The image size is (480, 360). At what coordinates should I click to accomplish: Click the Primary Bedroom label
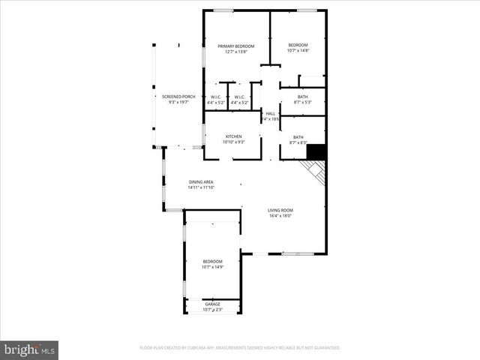pyautogui.click(x=236, y=46)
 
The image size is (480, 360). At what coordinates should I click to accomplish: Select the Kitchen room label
pyautogui.click(x=233, y=136)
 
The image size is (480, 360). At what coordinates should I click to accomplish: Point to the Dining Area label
pyautogui.click(x=201, y=182)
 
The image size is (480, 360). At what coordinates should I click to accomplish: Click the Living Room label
pyautogui.click(x=281, y=210)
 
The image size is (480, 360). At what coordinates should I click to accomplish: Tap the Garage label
pyautogui.click(x=213, y=304)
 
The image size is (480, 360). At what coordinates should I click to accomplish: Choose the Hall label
pyautogui.click(x=270, y=113)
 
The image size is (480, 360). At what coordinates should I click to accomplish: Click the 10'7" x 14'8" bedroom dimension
pyautogui.click(x=298, y=51)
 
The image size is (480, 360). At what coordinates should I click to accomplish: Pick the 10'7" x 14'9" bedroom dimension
pyautogui.click(x=213, y=266)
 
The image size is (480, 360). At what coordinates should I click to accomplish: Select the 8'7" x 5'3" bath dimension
pyautogui.click(x=302, y=102)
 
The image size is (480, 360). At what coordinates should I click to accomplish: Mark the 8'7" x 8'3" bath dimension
pyautogui.click(x=298, y=142)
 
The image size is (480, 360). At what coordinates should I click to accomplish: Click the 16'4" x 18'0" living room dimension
pyautogui.click(x=280, y=216)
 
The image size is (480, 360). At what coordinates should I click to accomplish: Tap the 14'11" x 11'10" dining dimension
pyautogui.click(x=201, y=187)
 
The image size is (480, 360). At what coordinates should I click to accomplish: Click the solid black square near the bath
pyautogui.click(x=317, y=151)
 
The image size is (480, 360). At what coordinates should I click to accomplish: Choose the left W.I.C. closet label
pyautogui.click(x=215, y=97)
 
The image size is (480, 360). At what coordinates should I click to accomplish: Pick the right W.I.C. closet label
pyautogui.click(x=239, y=97)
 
